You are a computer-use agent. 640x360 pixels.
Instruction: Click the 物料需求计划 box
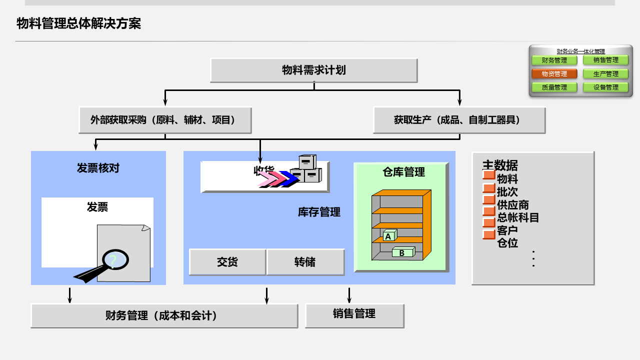click(x=313, y=70)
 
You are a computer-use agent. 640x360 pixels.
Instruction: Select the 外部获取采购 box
click(x=164, y=120)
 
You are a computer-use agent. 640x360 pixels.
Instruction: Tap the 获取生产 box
click(x=459, y=120)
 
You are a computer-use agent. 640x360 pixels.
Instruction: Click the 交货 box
click(x=227, y=262)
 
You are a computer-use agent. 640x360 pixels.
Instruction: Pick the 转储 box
click(x=305, y=262)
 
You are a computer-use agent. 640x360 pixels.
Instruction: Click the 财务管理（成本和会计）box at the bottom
click(x=164, y=315)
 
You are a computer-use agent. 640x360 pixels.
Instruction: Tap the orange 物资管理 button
click(x=554, y=74)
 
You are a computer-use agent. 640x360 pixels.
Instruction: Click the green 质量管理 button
click(x=554, y=87)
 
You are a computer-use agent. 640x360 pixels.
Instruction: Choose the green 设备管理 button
click(x=605, y=87)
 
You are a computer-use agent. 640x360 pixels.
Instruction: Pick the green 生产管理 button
click(x=605, y=74)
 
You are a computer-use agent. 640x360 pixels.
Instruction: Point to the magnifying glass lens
click(x=115, y=259)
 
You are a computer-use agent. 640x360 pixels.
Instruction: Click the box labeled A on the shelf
click(x=388, y=235)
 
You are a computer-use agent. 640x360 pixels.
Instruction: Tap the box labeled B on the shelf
click(x=402, y=252)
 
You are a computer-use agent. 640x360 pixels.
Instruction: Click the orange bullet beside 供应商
click(x=488, y=200)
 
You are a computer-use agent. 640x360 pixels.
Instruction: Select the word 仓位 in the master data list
click(x=507, y=243)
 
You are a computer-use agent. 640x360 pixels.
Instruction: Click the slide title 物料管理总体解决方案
click(x=79, y=23)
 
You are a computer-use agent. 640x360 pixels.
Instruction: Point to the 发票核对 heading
click(x=98, y=168)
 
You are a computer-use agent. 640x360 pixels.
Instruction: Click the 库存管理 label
click(x=319, y=212)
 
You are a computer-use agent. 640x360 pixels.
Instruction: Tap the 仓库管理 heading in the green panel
click(x=403, y=172)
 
